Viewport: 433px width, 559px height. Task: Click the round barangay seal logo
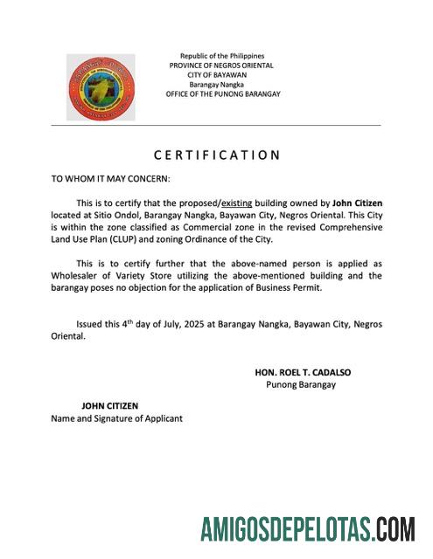pyautogui.click(x=101, y=87)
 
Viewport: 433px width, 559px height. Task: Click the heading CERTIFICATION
pyautogui.click(x=217, y=155)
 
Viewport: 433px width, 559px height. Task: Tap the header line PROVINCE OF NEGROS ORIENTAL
pyautogui.click(x=221, y=66)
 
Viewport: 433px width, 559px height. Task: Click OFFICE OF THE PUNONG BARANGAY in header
pyautogui.click(x=223, y=94)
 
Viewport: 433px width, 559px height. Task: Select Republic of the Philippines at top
pyautogui.click(x=221, y=56)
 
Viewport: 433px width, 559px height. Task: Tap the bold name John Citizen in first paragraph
pyautogui.click(x=357, y=203)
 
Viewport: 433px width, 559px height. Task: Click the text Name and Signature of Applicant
pyautogui.click(x=116, y=418)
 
